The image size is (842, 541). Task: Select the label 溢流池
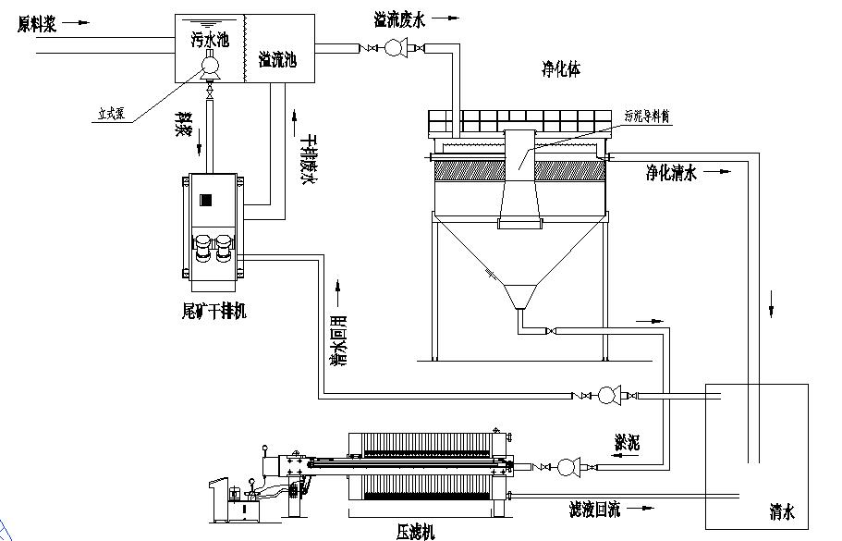click(277, 59)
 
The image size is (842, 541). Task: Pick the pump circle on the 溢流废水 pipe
click(394, 47)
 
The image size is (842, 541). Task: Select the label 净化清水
click(670, 173)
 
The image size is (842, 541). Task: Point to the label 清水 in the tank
click(782, 510)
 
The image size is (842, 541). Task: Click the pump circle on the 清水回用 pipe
click(607, 396)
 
